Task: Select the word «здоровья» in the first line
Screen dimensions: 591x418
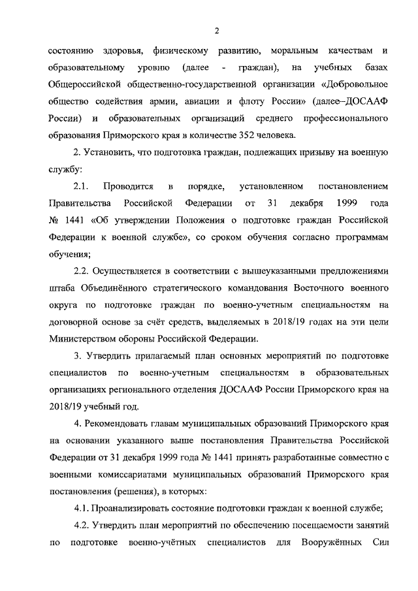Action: [120, 51]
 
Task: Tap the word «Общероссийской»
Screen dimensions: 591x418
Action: [85, 85]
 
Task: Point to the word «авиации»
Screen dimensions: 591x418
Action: [199, 102]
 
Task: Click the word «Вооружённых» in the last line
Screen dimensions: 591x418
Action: [329, 542]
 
